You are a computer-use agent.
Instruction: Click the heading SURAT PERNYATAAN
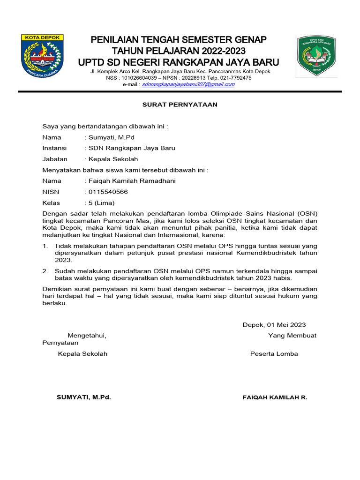(x=180, y=105)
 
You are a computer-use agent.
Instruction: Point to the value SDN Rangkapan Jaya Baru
(x=130, y=148)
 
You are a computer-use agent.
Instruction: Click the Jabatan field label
(x=55, y=159)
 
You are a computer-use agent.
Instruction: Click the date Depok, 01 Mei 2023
(x=274, y=324)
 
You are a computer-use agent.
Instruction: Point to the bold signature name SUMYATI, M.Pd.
(x=83, y=397)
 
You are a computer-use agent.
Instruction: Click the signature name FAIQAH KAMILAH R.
(x=275, y=397)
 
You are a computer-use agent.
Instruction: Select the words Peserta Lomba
(x=274, y=354)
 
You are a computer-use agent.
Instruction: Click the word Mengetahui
(x=87, y=336)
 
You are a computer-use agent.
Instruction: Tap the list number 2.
(x=45, y=271)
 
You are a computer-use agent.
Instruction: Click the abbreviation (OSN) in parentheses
(x=307, y=213)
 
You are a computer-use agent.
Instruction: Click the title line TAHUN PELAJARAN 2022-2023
(x=179, y=51)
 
